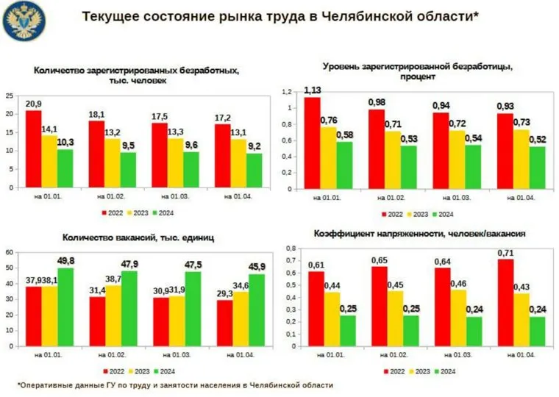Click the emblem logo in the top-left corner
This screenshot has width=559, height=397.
(x=24, y=23)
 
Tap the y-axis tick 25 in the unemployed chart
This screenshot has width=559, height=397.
(x=10, y=96)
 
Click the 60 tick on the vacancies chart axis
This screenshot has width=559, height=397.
(x=10, y=252)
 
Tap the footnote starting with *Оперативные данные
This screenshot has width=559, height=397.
(x=175, y=385)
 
